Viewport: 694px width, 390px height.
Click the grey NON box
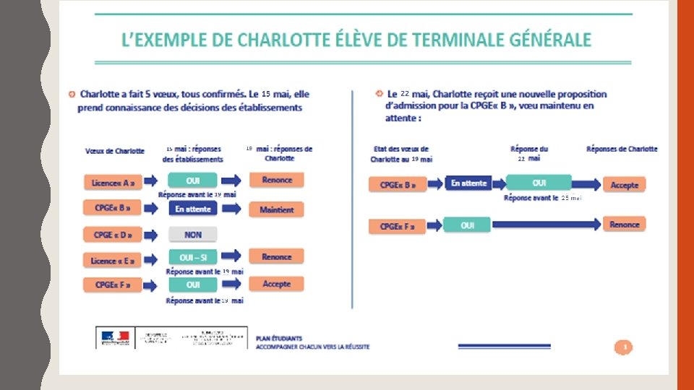(193, 235)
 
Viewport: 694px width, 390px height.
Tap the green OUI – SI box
(193, 257)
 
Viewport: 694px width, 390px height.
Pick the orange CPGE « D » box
(112, 235)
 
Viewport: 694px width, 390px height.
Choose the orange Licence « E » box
(112, 260)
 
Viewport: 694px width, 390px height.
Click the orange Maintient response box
(277, 209)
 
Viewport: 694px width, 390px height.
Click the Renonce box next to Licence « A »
(277, 180)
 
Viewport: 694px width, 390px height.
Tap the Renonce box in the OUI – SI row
(277, 256)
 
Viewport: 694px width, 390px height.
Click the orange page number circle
(624, 347)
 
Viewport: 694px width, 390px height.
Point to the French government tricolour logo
(114, 337)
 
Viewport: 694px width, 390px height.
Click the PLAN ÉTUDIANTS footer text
(279, 337)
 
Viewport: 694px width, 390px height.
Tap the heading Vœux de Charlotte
(115, 151)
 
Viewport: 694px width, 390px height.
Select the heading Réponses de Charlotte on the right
(622, 149)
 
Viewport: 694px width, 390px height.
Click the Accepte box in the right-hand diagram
(624, 185)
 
